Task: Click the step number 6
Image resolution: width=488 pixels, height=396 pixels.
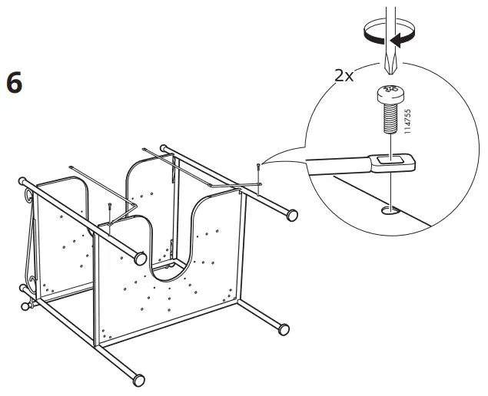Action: (14, 81)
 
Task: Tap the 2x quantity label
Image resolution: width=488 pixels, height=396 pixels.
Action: (344, 75)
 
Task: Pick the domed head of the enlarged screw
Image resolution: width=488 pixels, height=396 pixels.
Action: (390, 96)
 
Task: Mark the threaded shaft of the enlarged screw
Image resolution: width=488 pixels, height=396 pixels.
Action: (390, 119)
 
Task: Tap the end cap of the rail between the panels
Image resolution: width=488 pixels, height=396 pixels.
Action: (141, 259)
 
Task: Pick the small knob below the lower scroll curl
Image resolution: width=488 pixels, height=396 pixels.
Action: (26, 307)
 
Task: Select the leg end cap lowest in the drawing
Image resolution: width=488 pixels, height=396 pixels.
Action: (138, 378)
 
